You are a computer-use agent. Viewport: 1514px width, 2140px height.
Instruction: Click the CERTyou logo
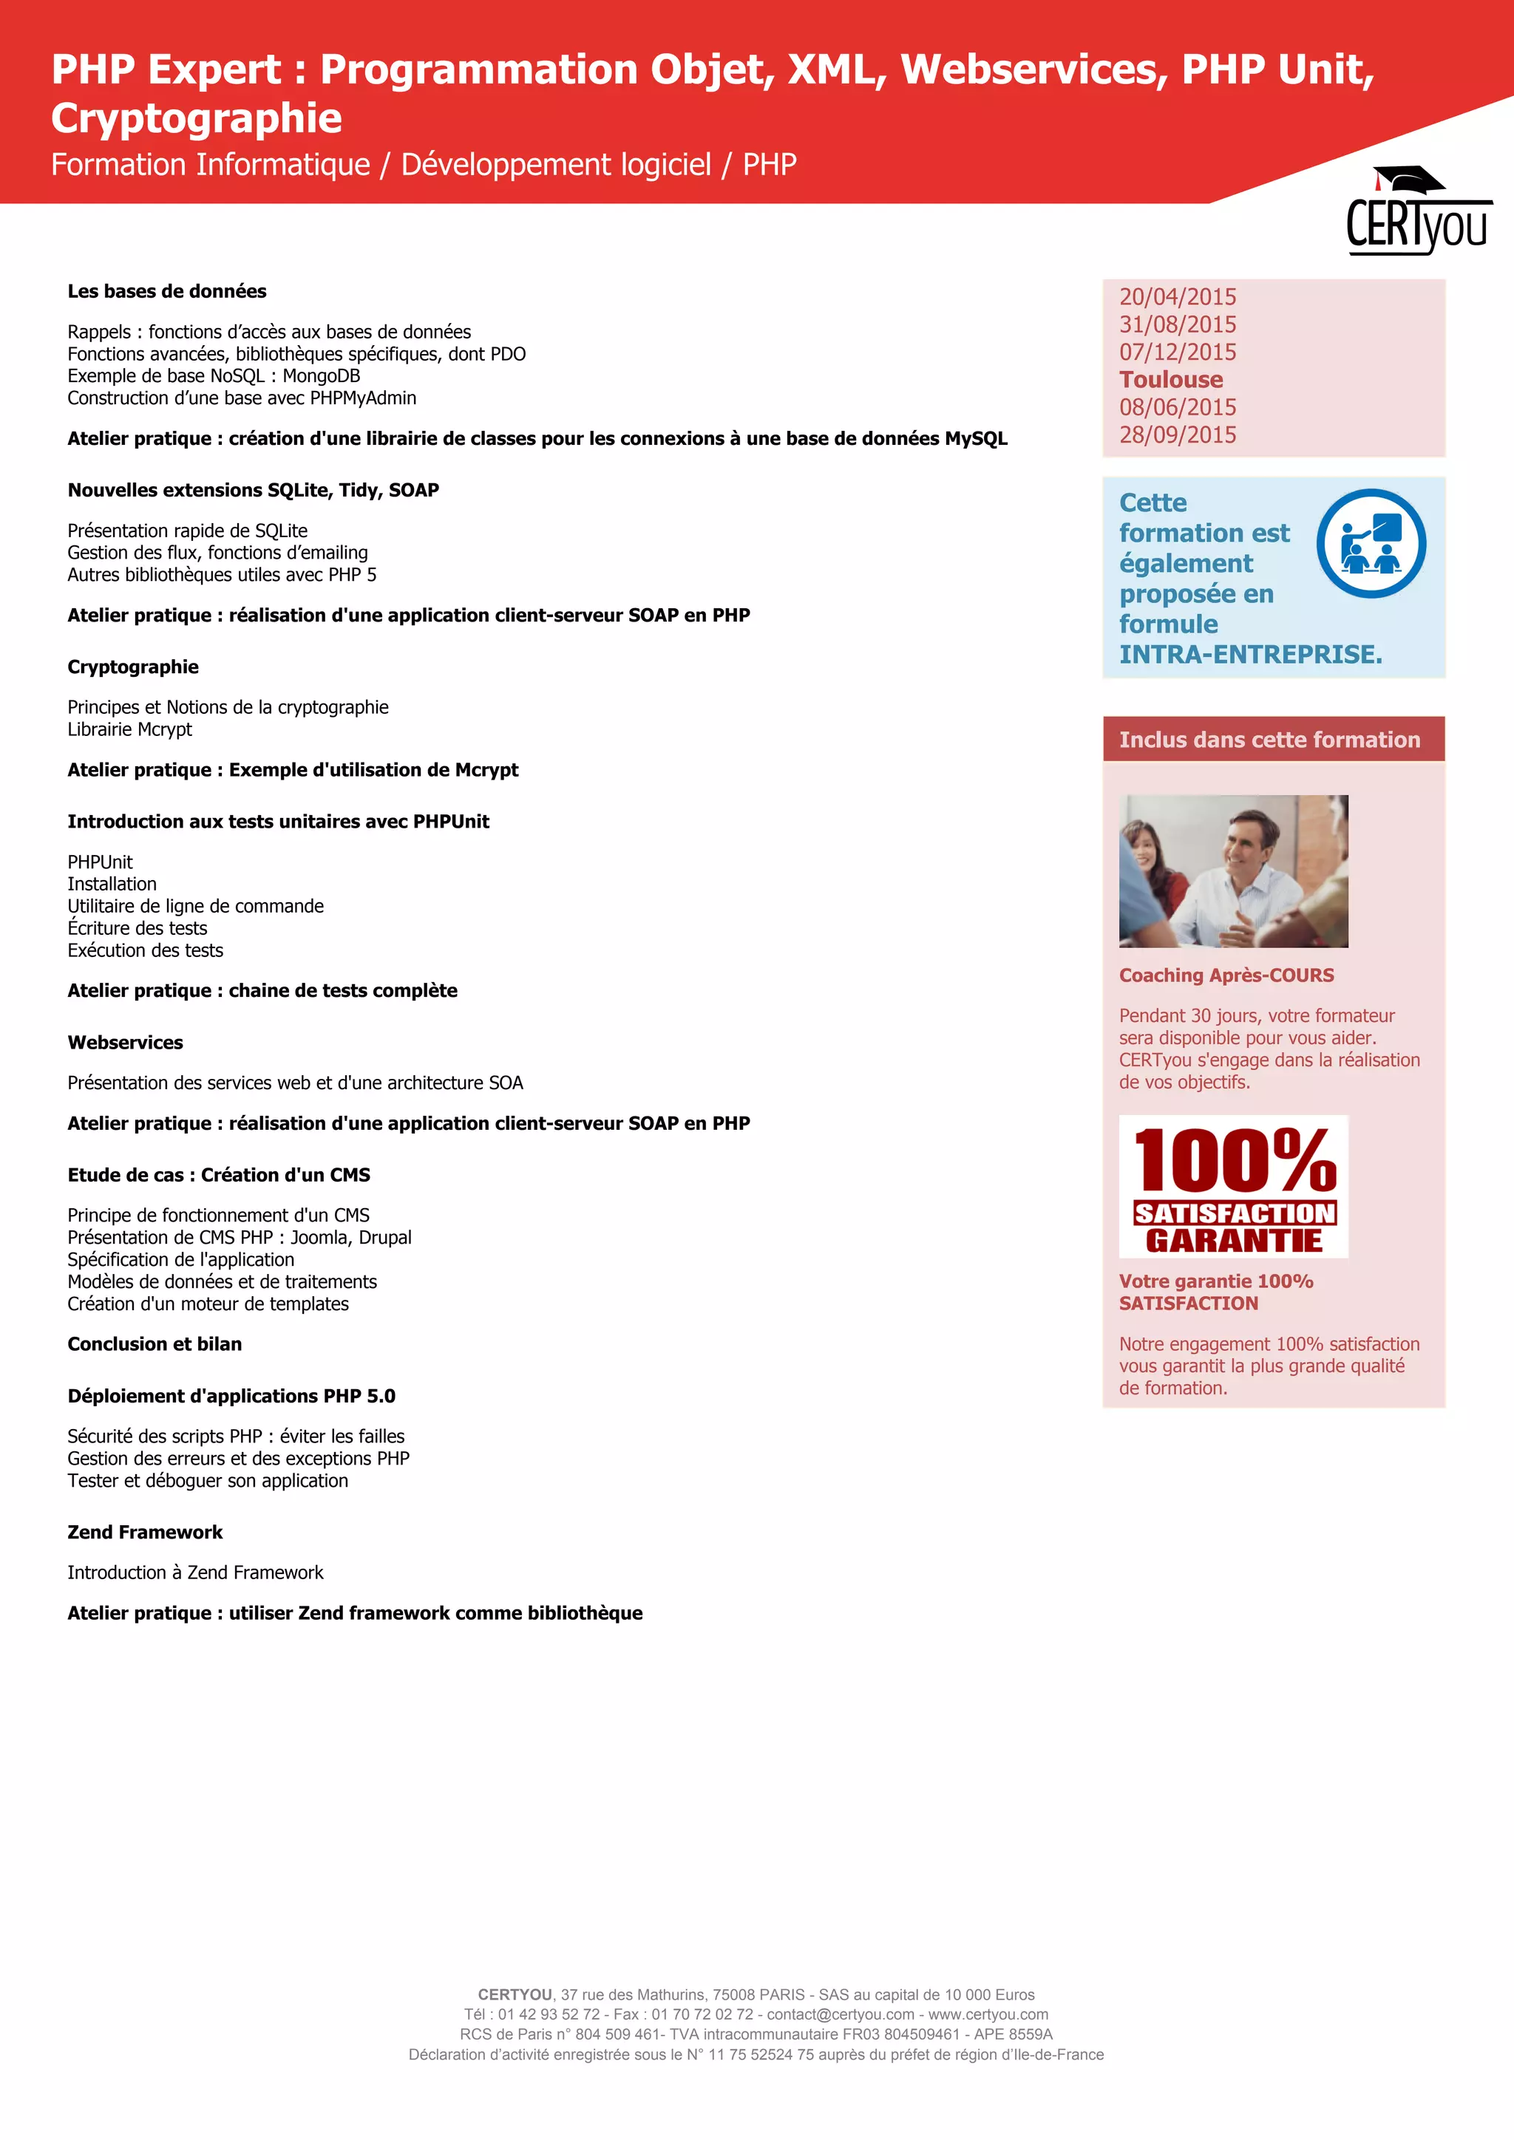tap(1417, 213)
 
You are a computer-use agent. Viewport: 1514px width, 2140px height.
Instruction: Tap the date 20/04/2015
tap(1178, 297)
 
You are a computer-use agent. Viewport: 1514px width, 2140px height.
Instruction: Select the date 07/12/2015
tap(1178, 352)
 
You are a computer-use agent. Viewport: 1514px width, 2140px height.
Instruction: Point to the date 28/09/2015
tap(1178, 435)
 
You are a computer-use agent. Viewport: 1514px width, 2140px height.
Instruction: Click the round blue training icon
tap(1371, 543)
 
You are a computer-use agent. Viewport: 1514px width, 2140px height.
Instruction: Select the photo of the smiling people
tap(1233, 871)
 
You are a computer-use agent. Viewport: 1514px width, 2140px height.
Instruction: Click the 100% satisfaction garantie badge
tap(1233, 1187)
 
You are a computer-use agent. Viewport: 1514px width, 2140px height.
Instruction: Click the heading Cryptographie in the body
tap(133, 667)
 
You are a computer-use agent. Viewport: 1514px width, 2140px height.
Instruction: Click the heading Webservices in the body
tap(125, 1043)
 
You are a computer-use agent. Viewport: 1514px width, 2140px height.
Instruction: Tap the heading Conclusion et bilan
tap(155, 1344)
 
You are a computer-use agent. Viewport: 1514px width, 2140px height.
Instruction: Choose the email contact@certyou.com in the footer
tap(840, 2014)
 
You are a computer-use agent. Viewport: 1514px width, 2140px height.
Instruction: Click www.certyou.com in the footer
tap(988, 2014)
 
